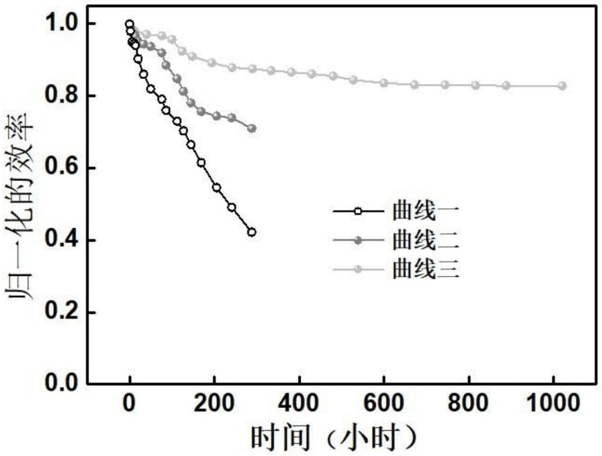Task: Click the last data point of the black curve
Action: pos(252,232)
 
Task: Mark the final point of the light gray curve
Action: pos(562,86)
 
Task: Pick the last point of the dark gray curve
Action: pos(252,128)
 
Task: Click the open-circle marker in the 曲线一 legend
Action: pos(358,212)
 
